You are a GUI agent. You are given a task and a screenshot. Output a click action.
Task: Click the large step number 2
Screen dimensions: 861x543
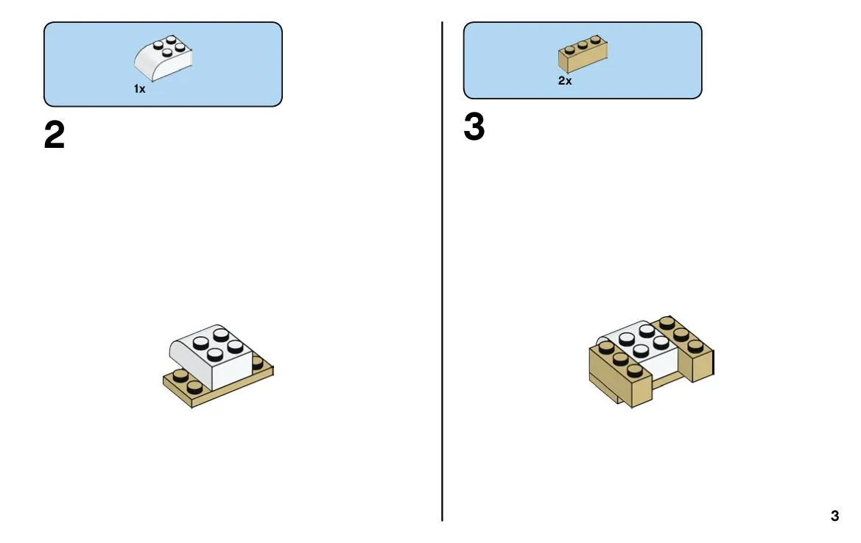55,135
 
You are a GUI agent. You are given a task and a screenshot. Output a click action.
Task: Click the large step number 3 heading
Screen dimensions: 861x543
474,127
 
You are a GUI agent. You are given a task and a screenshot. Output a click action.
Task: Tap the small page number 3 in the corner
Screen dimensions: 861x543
834,516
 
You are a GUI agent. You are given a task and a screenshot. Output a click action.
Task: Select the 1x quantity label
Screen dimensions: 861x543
139,89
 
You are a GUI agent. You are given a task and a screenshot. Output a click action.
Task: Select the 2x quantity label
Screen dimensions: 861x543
565,81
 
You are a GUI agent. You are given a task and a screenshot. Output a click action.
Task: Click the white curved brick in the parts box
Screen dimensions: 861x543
163,58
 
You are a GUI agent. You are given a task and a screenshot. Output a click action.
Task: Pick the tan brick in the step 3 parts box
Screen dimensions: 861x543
583,54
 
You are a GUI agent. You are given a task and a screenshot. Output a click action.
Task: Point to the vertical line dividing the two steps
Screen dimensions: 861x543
442,271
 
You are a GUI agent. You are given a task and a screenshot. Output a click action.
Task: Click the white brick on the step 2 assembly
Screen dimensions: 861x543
211,357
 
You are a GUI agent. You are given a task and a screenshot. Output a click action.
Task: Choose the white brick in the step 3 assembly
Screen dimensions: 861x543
640,351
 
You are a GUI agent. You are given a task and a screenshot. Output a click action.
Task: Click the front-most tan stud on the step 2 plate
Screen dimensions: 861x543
195,387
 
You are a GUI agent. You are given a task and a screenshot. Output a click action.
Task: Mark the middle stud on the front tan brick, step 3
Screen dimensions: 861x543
620,359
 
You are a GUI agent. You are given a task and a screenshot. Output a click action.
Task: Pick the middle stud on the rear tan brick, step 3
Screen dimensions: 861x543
681,334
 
